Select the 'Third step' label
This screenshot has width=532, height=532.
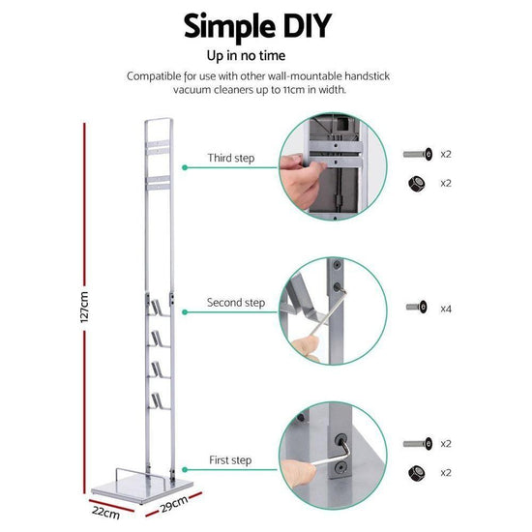pos(231,158)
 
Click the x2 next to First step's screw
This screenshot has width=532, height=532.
pos(447,443)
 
